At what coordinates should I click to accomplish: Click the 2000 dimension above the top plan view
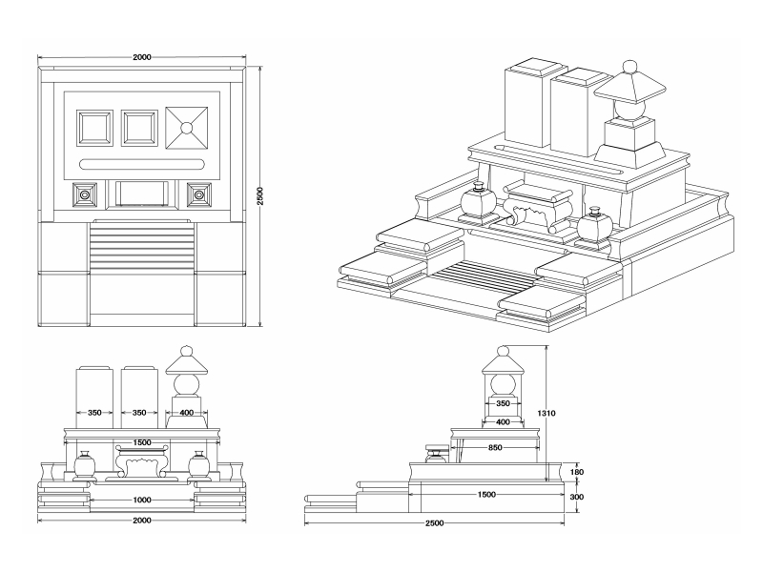[142, 58]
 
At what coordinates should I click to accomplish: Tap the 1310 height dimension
[546, 414]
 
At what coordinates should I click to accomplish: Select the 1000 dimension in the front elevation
[142, 500]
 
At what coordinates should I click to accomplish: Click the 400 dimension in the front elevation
[186, 413]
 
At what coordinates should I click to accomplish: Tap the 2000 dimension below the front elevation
[142, 521]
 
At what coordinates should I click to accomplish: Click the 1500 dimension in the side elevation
[485, 495]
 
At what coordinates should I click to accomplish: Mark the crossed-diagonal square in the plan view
[188, 128]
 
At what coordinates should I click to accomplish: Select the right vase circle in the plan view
[199, 194]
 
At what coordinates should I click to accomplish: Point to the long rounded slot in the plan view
[142, 163]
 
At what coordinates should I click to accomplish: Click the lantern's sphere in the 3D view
[628, 109]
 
